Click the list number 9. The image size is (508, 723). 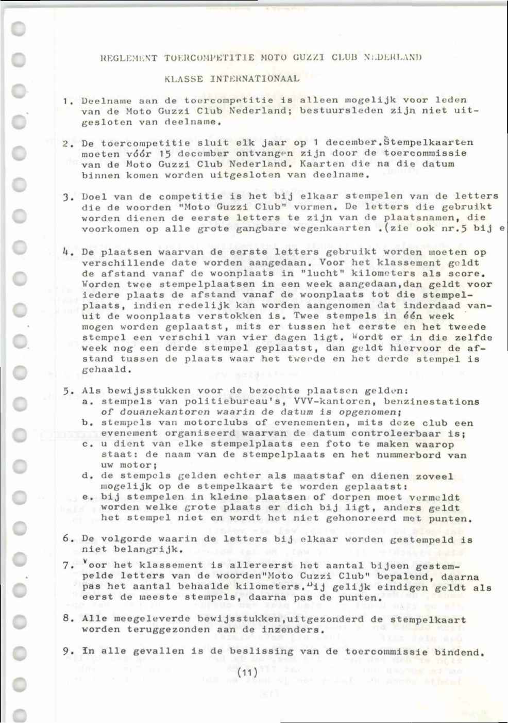click(x=66, y=651)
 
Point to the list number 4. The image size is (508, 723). click(x=65, y=252)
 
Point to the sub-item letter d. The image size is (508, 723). click(x=87, y=476)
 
